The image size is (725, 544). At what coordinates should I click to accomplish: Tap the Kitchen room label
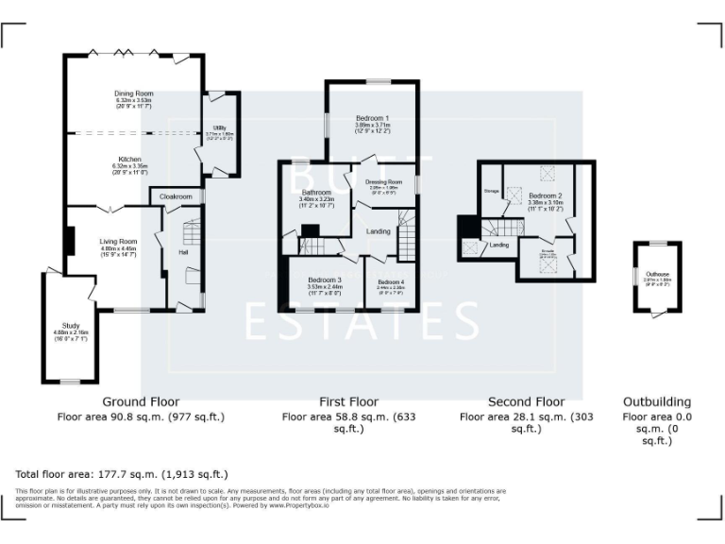coord(129,160)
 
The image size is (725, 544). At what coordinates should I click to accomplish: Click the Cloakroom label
coord(176,196)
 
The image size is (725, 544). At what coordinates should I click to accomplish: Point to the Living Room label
coord(119,241)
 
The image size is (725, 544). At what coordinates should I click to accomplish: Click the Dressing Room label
coord(385,181)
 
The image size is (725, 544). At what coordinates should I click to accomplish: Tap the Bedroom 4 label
coord(391,282)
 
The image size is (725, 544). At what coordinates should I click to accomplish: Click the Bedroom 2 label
coord(545,195)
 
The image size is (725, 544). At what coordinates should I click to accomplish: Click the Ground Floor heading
coord(141,401)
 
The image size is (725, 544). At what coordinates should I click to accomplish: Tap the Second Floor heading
coord(526,401)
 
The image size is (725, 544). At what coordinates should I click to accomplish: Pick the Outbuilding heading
coord(656,401)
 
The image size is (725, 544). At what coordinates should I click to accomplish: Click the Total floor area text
coord(122,474)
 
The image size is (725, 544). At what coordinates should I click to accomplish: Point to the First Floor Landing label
coord(379,231)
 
